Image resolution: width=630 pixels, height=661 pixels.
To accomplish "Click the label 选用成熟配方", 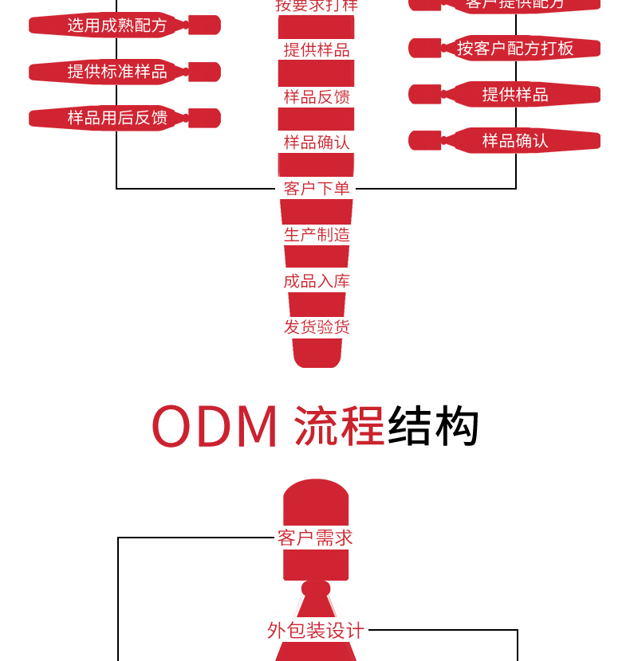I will coord(117,25).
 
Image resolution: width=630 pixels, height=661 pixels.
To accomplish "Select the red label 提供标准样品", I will coord(117,72).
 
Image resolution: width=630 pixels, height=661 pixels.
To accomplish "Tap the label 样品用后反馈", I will coord(117,118).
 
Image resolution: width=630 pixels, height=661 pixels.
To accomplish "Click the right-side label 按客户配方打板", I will coord(515,48).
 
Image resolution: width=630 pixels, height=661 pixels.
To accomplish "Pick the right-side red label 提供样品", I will coord(515,95).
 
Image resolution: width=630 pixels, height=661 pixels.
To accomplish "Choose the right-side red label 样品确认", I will coord(515,141).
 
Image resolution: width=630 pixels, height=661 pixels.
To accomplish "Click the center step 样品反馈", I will coord(317,96).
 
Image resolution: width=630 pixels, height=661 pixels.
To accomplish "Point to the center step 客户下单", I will coord(317,189).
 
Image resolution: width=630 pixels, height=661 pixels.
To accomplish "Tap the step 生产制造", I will coord(317,235).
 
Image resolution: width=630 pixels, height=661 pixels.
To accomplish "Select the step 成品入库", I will coord(317,281).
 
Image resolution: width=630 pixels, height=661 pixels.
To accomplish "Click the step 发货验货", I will coord(317,327).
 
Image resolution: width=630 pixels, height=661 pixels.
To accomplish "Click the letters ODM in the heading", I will coord(215,427).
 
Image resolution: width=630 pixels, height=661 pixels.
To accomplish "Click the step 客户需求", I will coord(315,538).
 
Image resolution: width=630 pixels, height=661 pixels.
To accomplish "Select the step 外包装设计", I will coord(316,631).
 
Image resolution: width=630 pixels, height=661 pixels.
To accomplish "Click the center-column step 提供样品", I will coord(317,50).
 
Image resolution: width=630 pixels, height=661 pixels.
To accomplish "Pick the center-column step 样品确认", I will coord(317,143).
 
